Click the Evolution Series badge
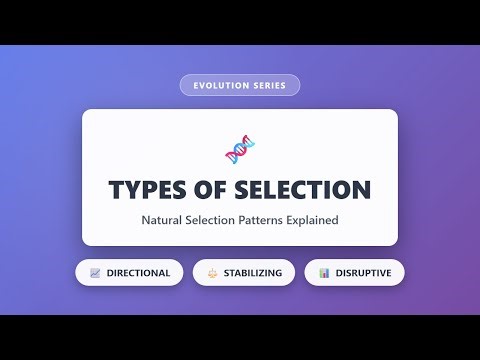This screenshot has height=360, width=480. tap(240, 85)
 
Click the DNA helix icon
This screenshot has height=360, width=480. tap(240, 150)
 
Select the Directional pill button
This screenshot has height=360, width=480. tap(129, 272)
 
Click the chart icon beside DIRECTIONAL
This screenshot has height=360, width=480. tap(95, 272)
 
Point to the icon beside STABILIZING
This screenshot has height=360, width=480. tap(212, 272)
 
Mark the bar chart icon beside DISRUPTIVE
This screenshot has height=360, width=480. tap(324, 272)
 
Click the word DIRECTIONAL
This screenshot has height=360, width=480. tap(137, 272)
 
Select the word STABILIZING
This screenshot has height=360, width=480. tap(252, 272)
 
